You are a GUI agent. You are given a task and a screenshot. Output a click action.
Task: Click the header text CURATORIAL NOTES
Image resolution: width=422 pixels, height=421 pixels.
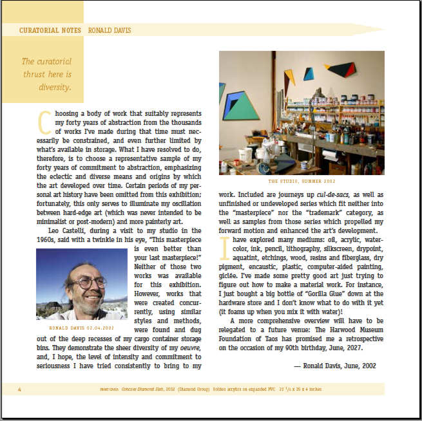click(x=50, y=30)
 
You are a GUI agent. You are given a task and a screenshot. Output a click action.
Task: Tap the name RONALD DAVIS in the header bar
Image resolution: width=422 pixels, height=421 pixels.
click(x=107, y=30)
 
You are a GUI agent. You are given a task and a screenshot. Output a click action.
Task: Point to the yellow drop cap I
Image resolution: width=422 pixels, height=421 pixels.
click(x=224, y=248)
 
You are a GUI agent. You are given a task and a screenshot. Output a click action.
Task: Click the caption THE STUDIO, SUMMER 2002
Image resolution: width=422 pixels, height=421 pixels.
click(x=302, y=182)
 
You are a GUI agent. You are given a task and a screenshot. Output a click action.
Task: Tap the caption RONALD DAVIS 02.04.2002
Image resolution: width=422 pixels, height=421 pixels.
click(x=81, y=328)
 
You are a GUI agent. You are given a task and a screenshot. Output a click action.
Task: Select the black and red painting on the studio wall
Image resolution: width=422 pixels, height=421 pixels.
click(x=340, y=68)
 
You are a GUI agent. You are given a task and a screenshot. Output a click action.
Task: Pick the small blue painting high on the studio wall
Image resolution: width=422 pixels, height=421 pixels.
click(x=309, y=73)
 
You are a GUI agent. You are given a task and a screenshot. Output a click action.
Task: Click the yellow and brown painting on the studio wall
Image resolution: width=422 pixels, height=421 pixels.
click(x=290, y=79)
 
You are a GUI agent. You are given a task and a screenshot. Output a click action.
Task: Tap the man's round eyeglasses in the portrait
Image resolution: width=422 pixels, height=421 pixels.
click(x=91, y=282)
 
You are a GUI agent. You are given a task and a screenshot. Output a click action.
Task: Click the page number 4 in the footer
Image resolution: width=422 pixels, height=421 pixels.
click(x=20, y=389)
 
